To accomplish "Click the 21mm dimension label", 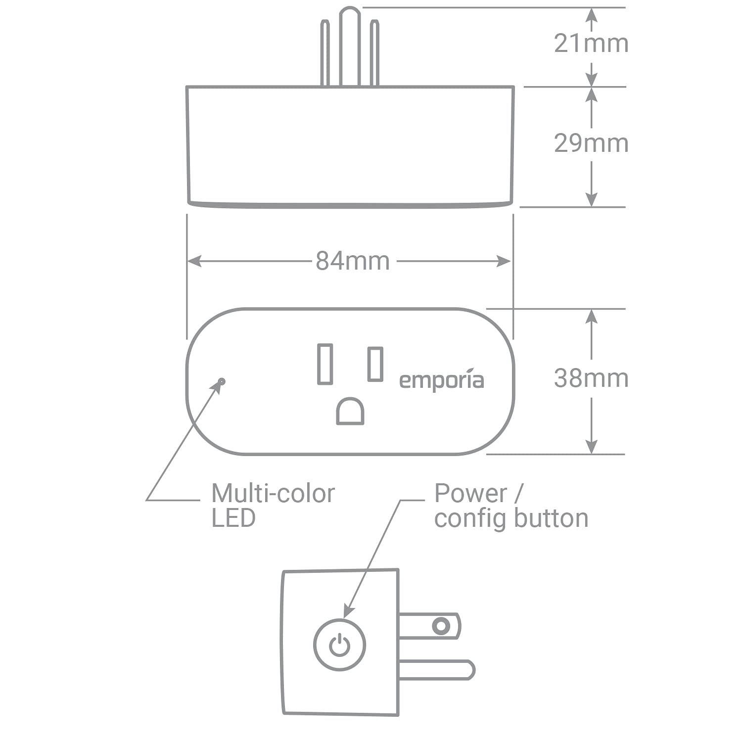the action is click(x=591, y=43).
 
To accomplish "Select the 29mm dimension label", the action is click(x=591, y=143).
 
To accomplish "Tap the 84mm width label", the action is click(x=353, y=261).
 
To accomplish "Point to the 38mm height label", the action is click(x=591, y=378).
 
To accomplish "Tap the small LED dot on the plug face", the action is click(x=221, y=381).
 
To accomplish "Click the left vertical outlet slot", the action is click(x=325, y=364).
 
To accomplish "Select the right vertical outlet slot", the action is click(x=375, y=364).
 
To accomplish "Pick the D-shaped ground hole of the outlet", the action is click(x=350, y=411).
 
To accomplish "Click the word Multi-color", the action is click(x=273, y=493).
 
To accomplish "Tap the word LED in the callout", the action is click(x=233, y=518).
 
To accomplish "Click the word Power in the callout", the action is click(x=470, y=493).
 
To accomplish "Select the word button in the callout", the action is click(x=550, y=518).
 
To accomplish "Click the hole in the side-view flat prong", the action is click(x=441, y=626).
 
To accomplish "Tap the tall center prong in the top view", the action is click(x=350, y=46).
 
